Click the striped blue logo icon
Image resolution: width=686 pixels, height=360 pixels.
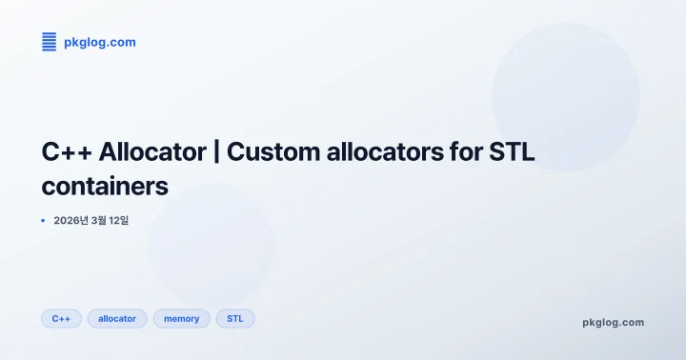point(49,41)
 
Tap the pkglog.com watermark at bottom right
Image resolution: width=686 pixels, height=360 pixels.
point(613,322)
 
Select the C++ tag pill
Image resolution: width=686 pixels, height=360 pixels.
point(61,318)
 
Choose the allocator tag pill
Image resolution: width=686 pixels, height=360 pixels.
point(117,318)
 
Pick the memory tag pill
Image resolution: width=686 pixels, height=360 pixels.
point(181,318)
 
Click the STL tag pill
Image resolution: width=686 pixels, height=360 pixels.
point(235,318)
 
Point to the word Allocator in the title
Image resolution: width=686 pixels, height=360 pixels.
point(151,152)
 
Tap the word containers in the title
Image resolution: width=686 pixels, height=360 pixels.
point(105,186)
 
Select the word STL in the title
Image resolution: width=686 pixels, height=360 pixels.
point(518,152)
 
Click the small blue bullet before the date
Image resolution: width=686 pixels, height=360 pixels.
point(44,220)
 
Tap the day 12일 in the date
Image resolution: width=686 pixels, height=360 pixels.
point(118,220)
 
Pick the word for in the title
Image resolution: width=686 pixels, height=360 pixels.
point(467,152)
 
